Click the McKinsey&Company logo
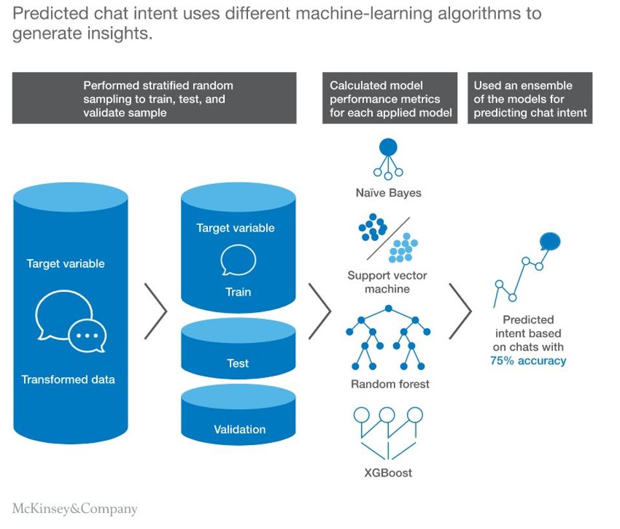coord(75,509)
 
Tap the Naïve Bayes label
coord(387,192)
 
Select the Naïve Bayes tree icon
coord(387,159)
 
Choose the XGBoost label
coord(387,472)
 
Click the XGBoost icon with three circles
coord(387,430)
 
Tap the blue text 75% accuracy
coord(528,360)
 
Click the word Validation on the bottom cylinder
coord(240,430)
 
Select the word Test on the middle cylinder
coord(238,363)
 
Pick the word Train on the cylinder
coord(238,292)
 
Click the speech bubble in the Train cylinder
coord(238,260)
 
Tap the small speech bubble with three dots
coord(88,335)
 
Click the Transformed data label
coord(68,379)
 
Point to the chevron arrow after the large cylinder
coord(156,310)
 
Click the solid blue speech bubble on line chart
coord(550,242)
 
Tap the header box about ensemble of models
coord(530,98)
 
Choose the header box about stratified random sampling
coord(154,98)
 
